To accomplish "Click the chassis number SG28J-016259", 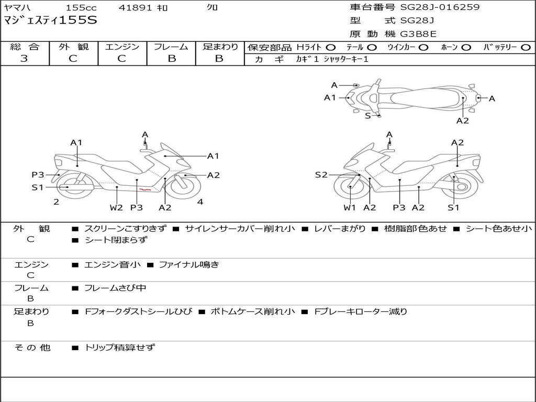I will [x=440, y=7].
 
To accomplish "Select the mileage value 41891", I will [x=135, y=8].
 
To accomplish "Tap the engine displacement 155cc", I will [x=81, y=8].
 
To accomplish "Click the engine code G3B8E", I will [x=418, y=35].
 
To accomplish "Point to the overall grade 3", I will [x=24, y=59].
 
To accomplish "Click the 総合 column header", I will [x=25, y=47].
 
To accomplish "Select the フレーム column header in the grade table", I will [x=171, y=47].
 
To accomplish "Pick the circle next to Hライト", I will [x=331, y=48].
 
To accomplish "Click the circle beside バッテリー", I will [x=526, y=48].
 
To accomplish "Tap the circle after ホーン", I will [x=466, y=48].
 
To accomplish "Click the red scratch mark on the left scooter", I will [x=146, y=189].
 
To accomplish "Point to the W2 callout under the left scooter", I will [x=116, y=208].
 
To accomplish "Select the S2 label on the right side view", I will [x=321, y=175].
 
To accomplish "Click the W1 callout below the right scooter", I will [x=350, y=208].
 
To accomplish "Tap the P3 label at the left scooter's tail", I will [x=38, y=175].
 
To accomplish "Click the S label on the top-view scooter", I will [x=368, y=116].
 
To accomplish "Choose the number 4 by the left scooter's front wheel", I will [x=200, y=202].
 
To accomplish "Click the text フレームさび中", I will [x=115, y=288].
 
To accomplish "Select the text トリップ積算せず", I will [x=119, y=348].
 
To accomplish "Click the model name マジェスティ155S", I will [x=50, y=21].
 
